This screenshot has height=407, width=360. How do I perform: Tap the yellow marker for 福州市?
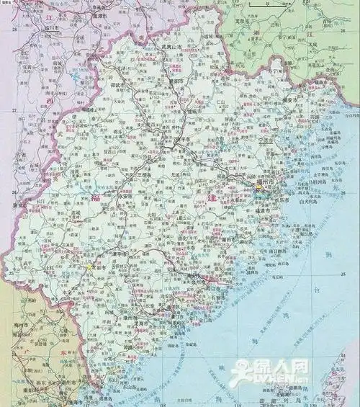click(260, 187)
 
